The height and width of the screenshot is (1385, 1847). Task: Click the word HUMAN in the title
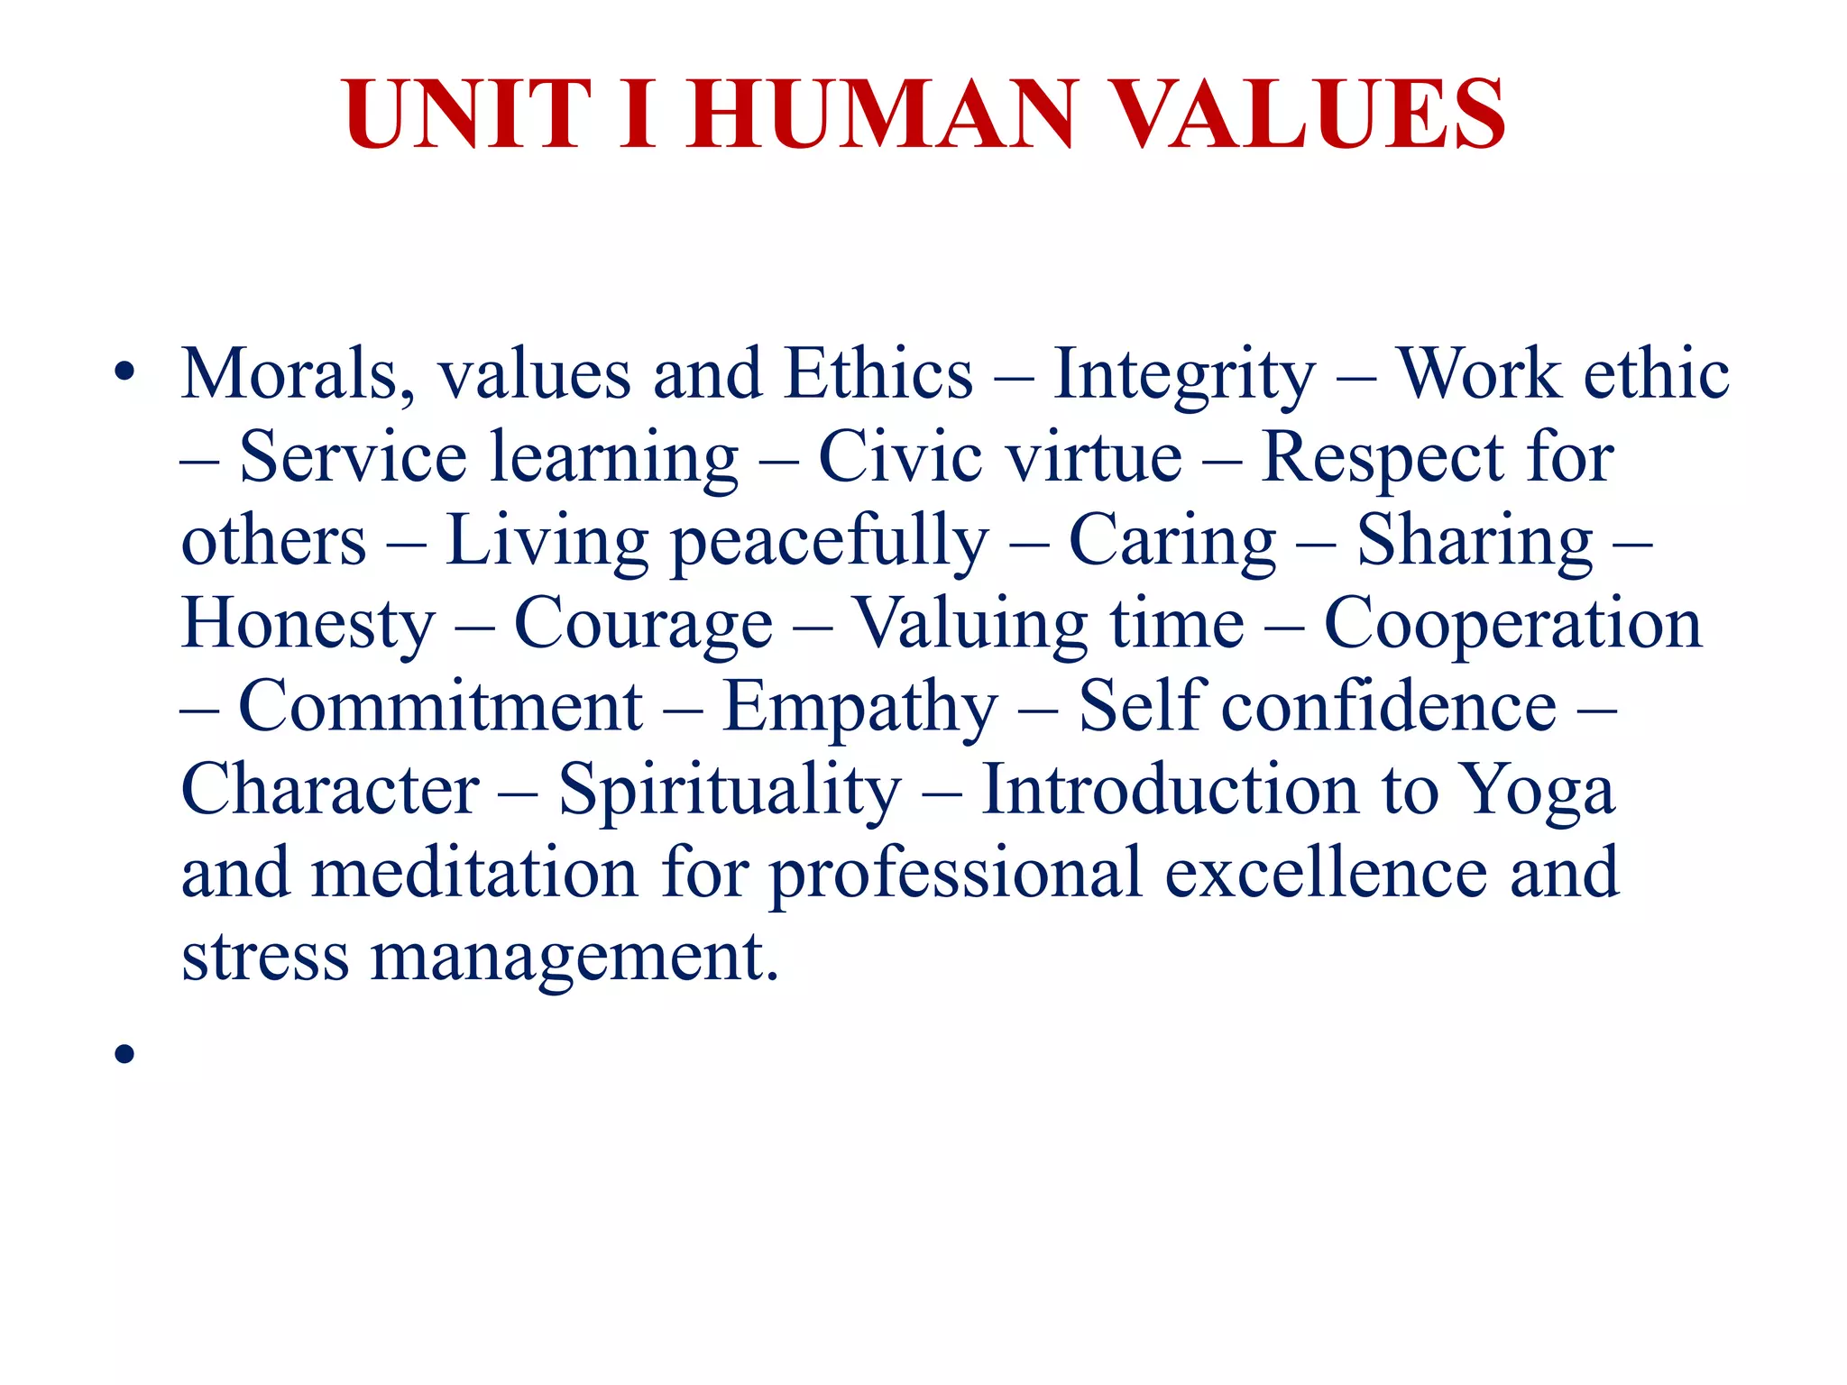click(x=882, y=115)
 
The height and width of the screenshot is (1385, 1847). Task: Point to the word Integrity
click(x=1184, y=374)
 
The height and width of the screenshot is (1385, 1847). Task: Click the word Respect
click(x=1382, y=457)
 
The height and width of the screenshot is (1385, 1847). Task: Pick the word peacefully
click(x=830, y=541)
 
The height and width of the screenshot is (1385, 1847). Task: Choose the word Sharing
click(x=1475, y=541)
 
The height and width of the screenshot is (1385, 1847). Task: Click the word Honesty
click(x=308, y=624)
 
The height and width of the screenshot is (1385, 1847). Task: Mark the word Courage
click(x=643, y=624)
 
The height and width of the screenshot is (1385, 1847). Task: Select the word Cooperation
click(x=1512, y=624)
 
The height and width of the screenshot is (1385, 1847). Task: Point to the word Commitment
click(x=440, y=707)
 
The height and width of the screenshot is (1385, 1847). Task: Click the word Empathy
click(x=859, y=707)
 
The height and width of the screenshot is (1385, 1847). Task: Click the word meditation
click(x=474, y=873)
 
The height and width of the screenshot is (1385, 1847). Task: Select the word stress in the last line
click(x=265, y=956)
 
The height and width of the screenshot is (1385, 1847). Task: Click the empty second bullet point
click(x=124, y=1053)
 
